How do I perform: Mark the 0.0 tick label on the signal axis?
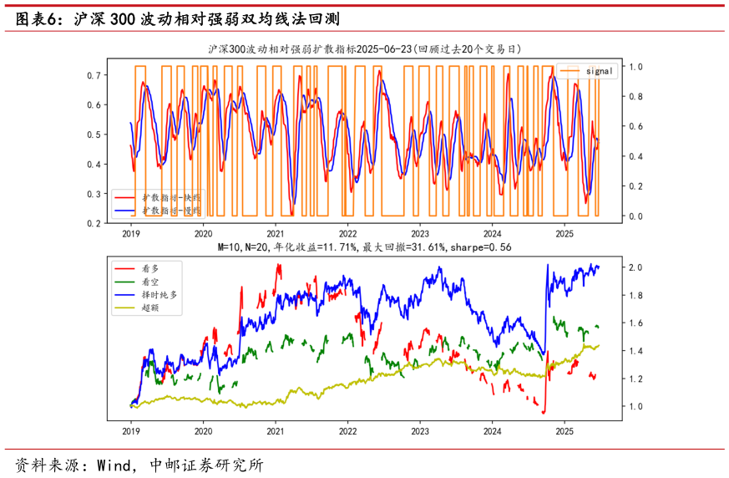coord(635,216)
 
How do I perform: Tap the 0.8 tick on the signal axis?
coord(635,96)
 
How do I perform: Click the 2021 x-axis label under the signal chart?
coord(276,236)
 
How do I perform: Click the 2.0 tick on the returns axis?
coord(613,267)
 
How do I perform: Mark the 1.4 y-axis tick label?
coord(613,351)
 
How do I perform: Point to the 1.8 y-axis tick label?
coord(613,295)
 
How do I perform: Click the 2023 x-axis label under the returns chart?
coord(420,431)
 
